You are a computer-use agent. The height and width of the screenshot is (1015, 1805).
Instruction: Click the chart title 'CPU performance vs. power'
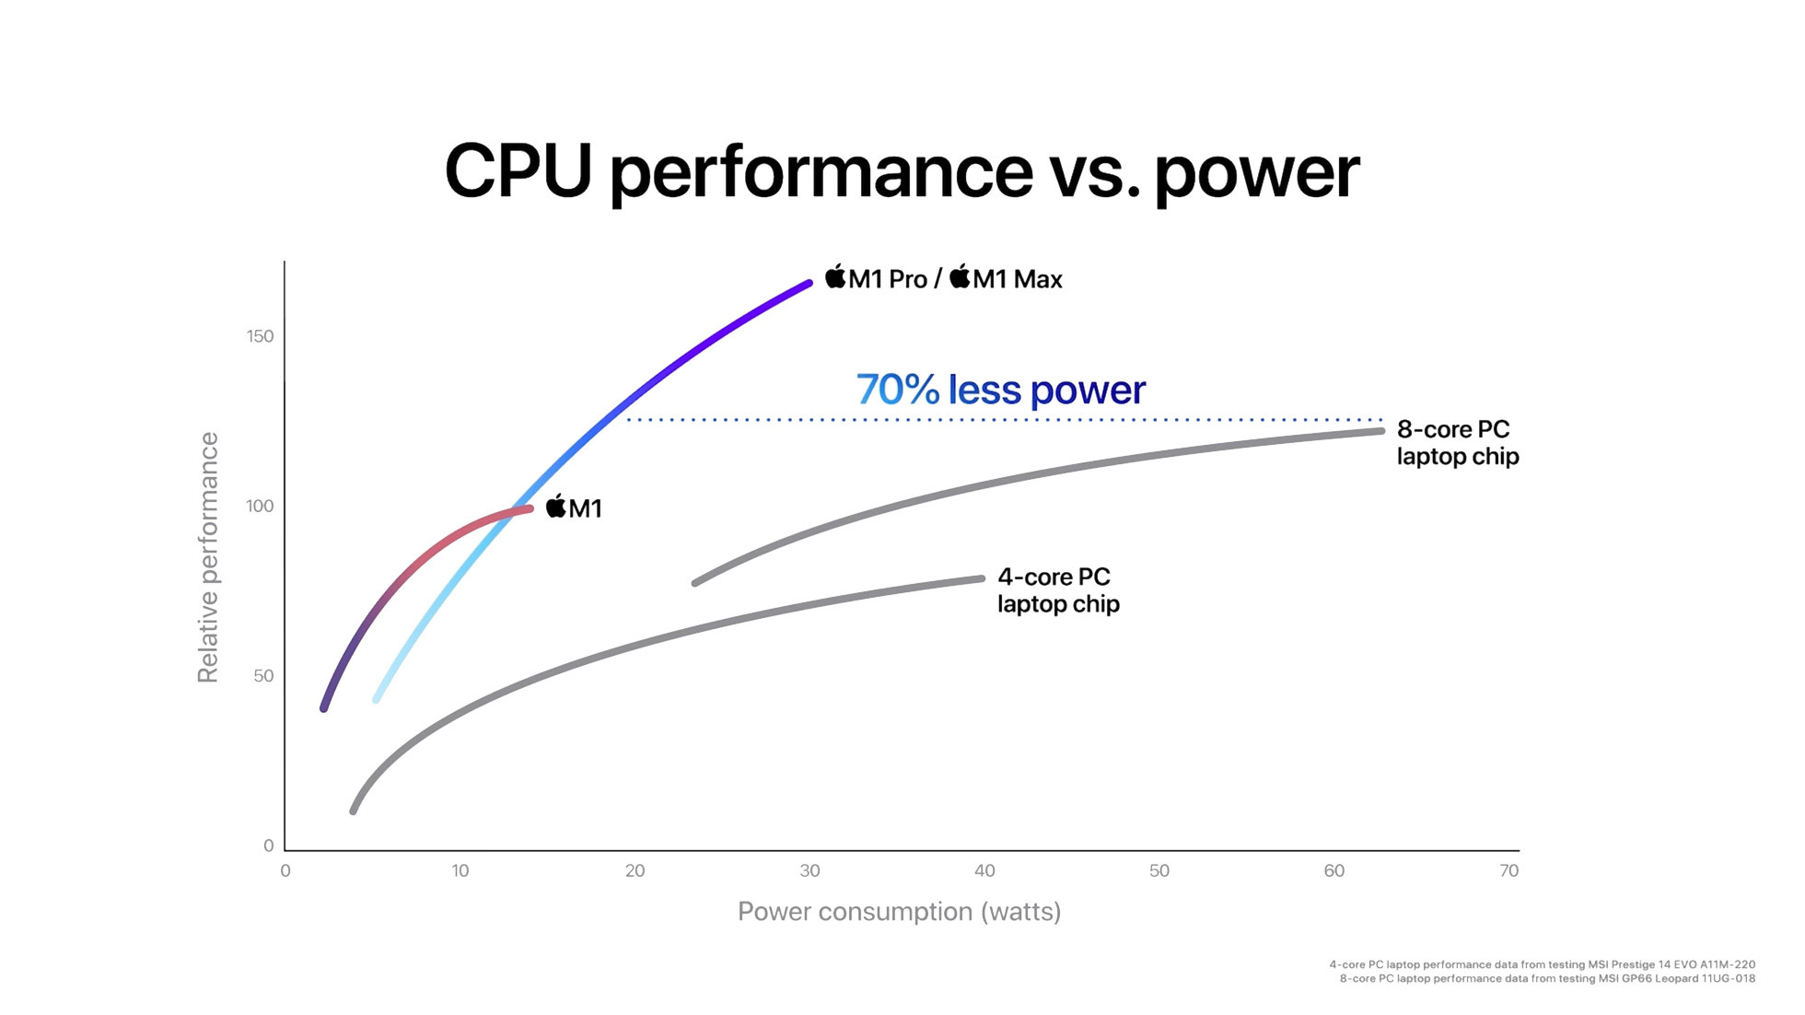tap(902, 171)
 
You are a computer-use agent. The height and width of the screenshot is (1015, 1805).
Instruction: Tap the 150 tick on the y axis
tap(261, 336)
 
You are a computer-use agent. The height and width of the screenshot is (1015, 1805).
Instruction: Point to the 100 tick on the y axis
tap(261, 506)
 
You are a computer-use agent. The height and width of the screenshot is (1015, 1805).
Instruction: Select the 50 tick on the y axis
tap(263, 676)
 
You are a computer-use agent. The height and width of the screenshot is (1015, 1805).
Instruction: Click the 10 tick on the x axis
tap(460, 871)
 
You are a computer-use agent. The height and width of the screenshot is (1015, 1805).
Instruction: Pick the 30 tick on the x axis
tap(810, 871)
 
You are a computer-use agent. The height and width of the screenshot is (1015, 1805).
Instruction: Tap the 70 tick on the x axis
tap(1508, 871)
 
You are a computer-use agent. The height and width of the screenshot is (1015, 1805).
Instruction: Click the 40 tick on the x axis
tap(984, 871)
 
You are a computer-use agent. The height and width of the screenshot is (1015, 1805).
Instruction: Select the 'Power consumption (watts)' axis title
tap(899, 912)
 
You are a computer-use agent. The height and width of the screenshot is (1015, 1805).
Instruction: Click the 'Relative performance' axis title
tap(208, 558)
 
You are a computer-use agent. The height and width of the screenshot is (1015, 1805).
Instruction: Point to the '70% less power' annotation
tap(1001, 390)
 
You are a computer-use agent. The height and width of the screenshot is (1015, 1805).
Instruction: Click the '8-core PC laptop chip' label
tap(1457, 443)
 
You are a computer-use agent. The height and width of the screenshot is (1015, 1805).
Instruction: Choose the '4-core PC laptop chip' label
tap(1058, 590)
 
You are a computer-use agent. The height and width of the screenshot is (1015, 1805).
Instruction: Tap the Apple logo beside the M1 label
tap(556, 506)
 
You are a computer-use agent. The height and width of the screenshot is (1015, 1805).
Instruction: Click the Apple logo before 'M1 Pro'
tap(835, 276)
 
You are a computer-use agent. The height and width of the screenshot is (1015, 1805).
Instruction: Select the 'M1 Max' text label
tap(1017, 279)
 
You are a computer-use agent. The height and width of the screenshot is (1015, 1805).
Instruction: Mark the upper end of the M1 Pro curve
tap(809, 284)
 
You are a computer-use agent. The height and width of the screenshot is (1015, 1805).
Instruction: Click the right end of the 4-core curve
tap(982, 578)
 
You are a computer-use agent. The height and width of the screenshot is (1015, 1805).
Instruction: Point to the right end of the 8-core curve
tap(1380, 430)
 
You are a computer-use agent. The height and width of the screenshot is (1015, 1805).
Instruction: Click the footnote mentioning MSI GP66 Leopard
tap(1547, 979)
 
